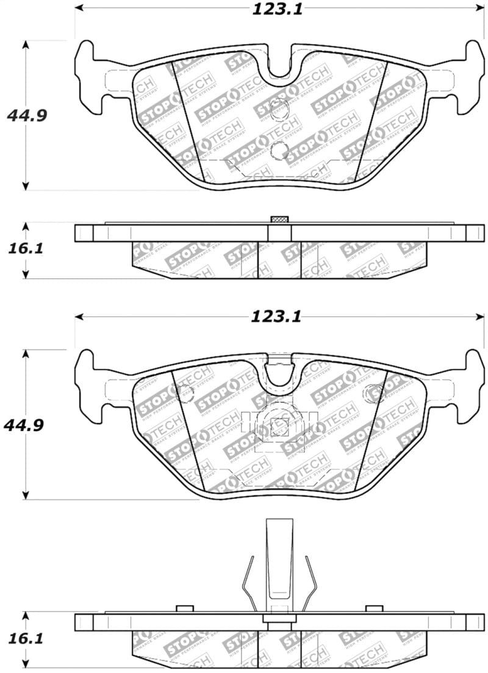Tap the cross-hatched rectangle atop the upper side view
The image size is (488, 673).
click(279, 220)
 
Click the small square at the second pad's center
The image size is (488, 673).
click(279, 427)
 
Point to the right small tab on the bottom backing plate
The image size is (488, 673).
click(374, 608)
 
